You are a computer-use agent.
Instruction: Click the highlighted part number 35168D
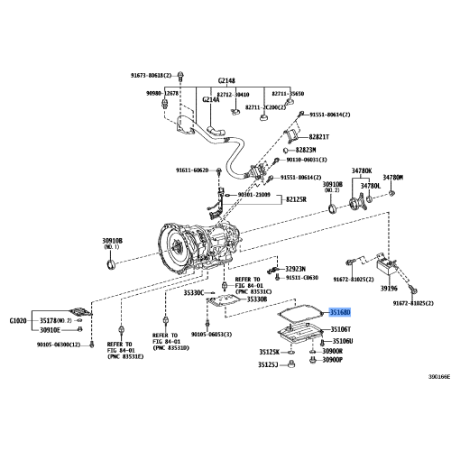point(342,311)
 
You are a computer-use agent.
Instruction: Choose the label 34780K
point(362,170)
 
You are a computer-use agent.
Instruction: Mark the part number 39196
point(389,288)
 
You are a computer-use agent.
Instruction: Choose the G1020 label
point(19,320)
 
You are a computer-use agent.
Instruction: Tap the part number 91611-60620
point(192,170)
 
